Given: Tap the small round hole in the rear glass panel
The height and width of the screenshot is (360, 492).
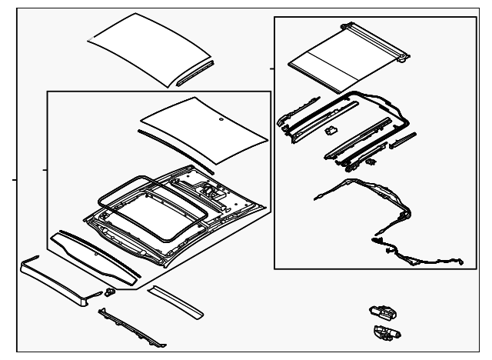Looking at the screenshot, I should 221,120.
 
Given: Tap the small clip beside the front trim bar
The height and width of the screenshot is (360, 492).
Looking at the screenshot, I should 110,292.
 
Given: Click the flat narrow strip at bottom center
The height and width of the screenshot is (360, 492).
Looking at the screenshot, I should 175,300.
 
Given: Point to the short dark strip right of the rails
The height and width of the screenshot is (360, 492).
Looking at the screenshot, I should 403,141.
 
